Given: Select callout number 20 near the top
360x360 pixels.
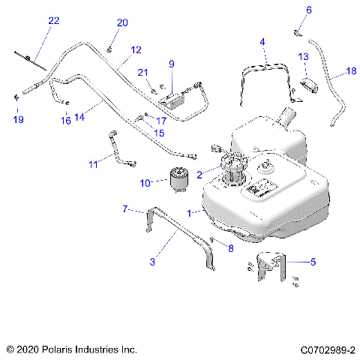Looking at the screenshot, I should click(x=122, y=22).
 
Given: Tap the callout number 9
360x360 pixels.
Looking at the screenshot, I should click(x=171, y=64).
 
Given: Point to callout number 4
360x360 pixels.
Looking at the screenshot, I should click(x=262, y=41).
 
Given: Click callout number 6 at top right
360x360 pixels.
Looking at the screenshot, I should click(x=307, y=10).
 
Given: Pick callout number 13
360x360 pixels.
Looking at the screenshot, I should click(x=303, y=57).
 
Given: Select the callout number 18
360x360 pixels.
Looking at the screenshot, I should click(x=351, y=71).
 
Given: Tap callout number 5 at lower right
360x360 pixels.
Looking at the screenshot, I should click(x=313, y=262).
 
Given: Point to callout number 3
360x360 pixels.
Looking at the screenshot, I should click(x=152, y=261).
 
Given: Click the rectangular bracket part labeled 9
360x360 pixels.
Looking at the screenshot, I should click(x=180, y=97).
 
